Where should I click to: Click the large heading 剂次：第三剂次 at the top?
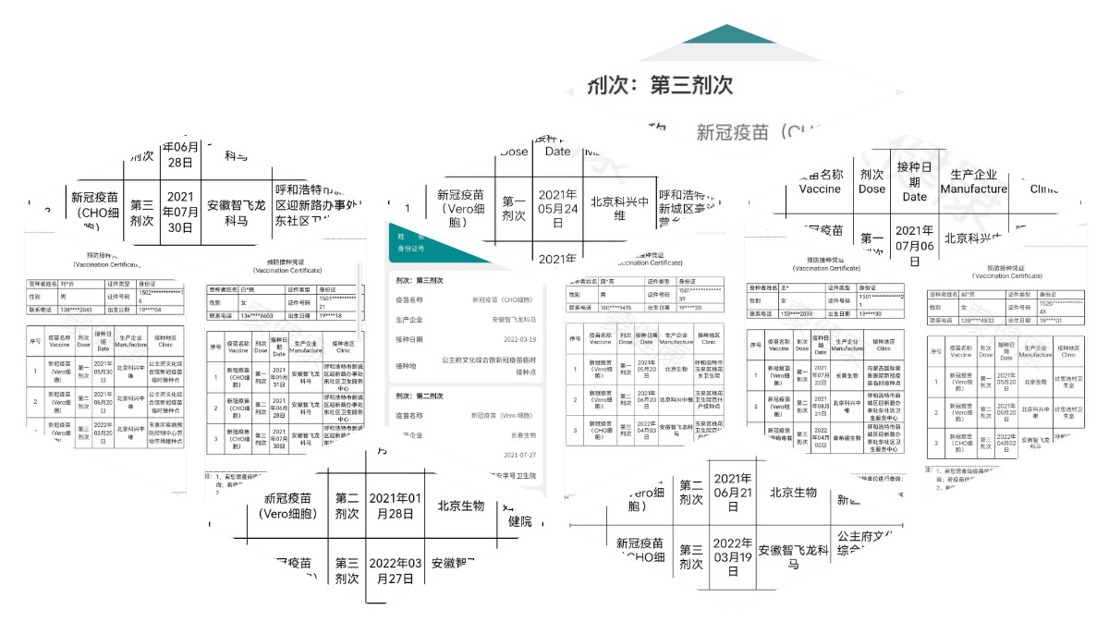click(661, 86)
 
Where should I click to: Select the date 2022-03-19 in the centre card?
click(518, 340)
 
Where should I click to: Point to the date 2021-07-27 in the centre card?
click(519, 456)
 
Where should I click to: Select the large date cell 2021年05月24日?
click(557, 209)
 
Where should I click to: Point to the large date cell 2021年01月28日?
click(395, 506)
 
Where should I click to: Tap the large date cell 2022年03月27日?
click(395, 571)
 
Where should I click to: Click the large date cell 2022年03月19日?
click(732, 556)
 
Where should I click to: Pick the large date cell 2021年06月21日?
click(732, 492)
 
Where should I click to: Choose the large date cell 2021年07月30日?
click(180, 212)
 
